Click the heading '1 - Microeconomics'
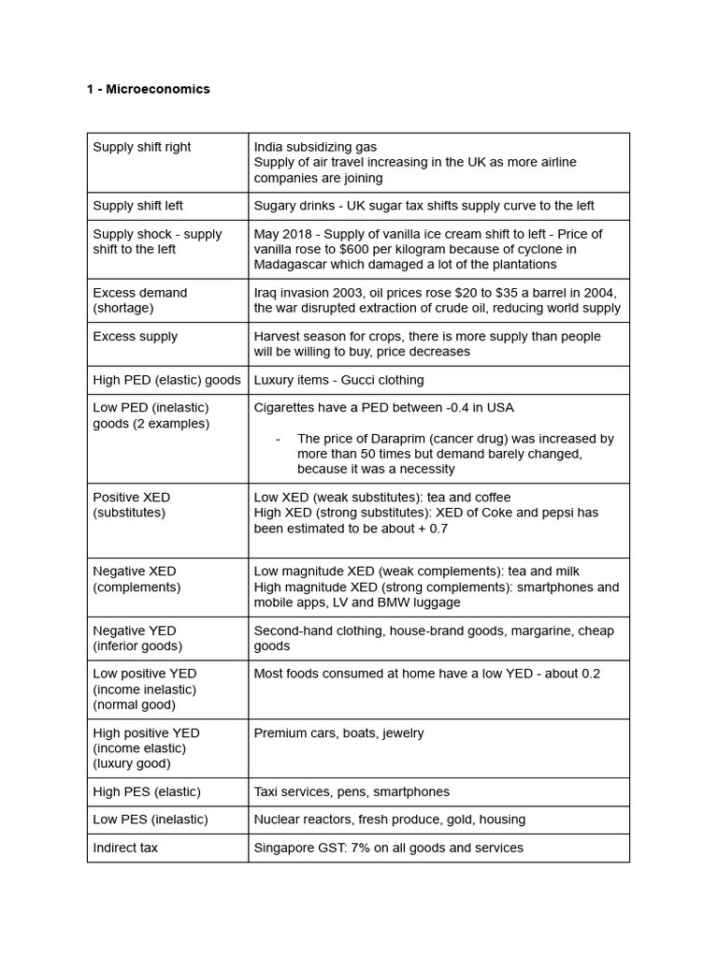click(149, 89)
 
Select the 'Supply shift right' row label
click(142, 147)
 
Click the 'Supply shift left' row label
click(138, 206)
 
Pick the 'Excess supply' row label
click(136, 336)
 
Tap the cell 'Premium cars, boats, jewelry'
click(338, 733)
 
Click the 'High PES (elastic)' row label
click(147, 791)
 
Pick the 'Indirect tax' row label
click(125, 848)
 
